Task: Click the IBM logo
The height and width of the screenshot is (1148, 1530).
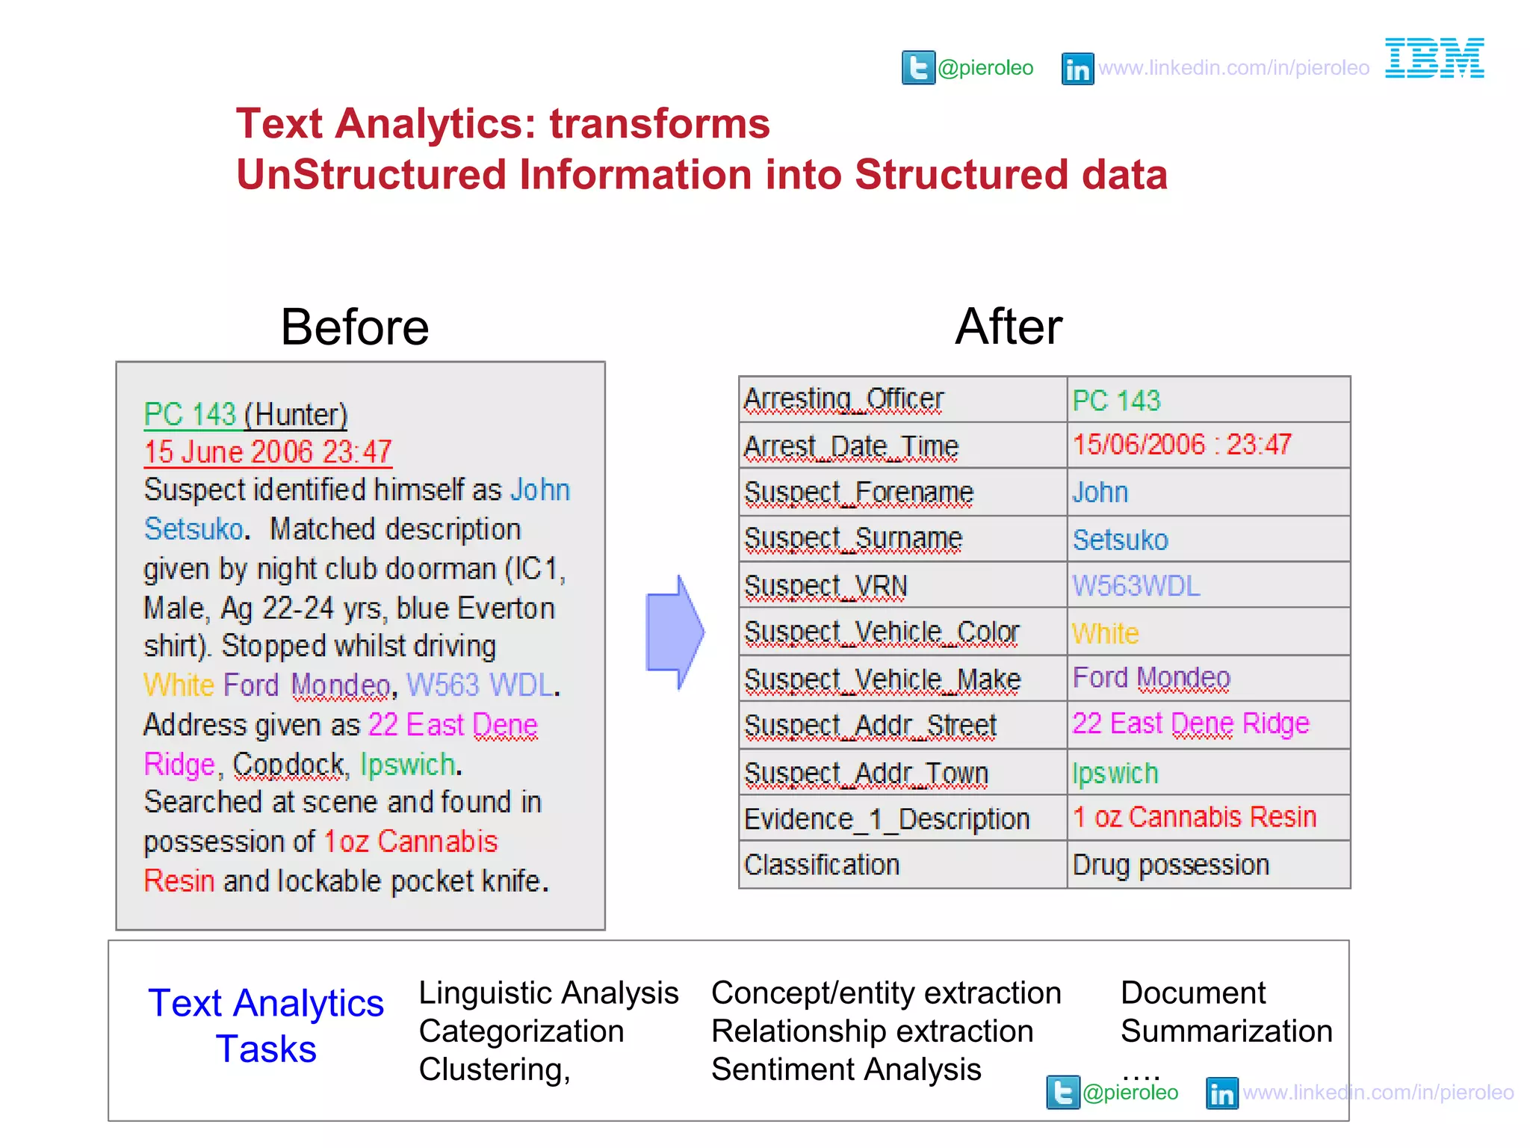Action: point(1434,58)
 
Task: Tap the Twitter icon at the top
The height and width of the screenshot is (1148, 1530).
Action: point(918,68)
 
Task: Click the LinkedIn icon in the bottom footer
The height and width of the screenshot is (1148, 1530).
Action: point(1222,1093)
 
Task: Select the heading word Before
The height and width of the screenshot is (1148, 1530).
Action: point(355,327)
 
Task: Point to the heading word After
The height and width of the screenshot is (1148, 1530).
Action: point(1009,327)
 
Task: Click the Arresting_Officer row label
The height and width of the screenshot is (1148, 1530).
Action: point(844,400)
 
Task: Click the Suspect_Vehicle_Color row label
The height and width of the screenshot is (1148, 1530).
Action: point(882,633)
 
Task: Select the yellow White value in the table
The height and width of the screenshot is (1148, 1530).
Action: point(1106,634)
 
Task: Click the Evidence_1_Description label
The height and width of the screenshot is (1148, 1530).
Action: point(887,819)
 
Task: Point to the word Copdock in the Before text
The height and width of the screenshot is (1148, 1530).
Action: point(288,765)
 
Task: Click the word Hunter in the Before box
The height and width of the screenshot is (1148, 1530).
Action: point(297,415)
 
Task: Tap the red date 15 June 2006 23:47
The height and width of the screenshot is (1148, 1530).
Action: point(268,452)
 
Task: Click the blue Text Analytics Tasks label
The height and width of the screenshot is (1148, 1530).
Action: point(266,1025)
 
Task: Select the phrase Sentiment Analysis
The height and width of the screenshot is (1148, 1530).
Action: point(846,1070)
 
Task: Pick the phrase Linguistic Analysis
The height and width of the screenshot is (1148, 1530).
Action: point(548,993)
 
